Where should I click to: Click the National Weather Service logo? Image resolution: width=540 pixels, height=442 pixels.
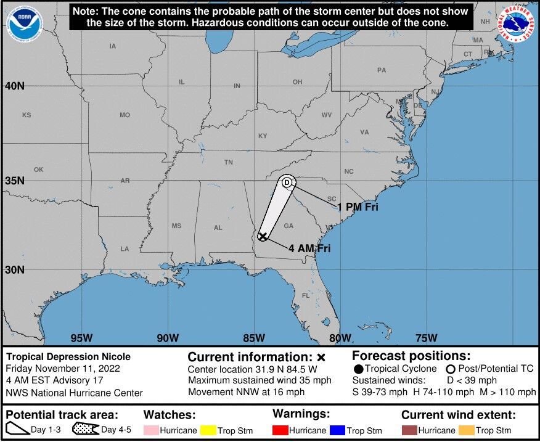517,25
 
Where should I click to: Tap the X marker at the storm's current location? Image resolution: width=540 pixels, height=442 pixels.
263,237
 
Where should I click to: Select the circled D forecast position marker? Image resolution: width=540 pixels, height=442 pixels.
287,182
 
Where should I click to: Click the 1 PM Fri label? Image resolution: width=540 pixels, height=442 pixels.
358,207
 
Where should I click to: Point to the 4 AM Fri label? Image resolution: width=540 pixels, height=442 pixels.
309,248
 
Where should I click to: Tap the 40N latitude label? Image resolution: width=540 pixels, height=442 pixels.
15,86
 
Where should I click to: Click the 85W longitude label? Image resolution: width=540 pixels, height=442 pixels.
254,337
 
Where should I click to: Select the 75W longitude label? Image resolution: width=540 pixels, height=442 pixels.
427,337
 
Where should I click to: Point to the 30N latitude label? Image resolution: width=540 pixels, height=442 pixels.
15,269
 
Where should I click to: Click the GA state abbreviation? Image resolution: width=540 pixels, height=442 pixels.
288,226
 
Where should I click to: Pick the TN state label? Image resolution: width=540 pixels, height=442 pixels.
228,163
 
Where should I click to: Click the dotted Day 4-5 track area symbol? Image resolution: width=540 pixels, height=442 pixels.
86,430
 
